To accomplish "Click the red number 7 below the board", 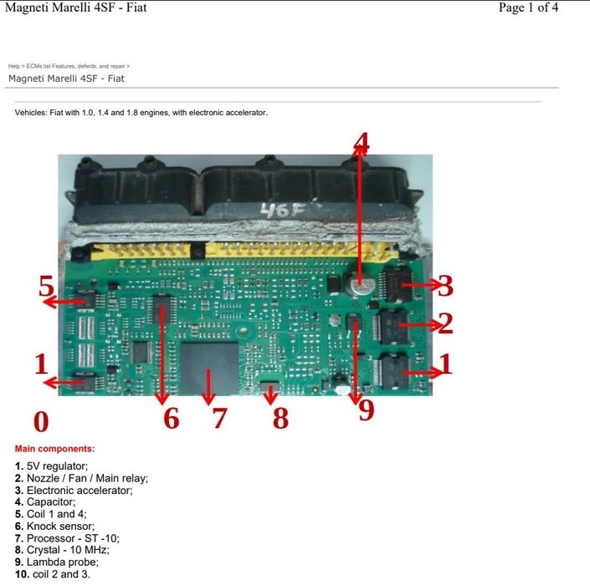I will [219, 417].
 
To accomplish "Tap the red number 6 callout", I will [171, 417].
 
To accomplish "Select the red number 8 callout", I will [280, 417].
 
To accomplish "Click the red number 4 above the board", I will [361, 143].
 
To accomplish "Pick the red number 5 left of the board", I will [47, 287].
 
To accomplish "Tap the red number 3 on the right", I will [445, 286].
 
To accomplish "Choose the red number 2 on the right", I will [445, 323].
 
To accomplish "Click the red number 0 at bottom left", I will [41, 421].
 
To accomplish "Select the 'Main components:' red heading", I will [55, 449].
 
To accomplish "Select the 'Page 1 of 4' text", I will [528, 8].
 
